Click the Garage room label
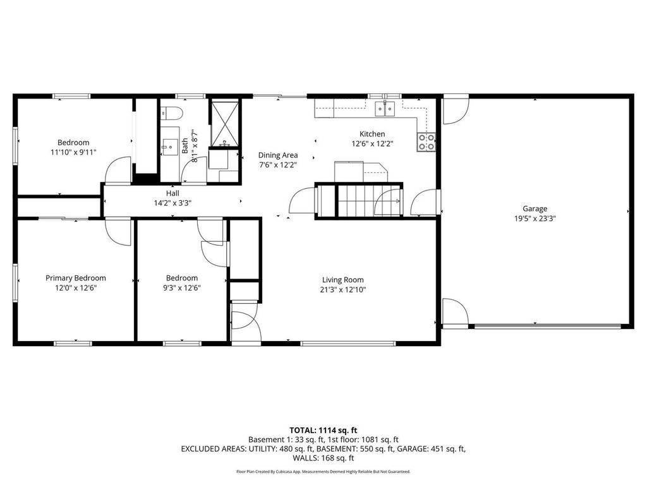pyautogui.click(x=535, y=208)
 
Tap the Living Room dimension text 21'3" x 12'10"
pyautogui.click(x=343, y=290)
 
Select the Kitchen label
pyautogui.click(x=372, y=134)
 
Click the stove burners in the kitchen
pyautogui.click(x=426, y=142)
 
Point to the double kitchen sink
pyautogui.click(x=385, y=109)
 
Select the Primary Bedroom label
pyautogui.click(x=75, y=278)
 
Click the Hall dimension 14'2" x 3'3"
pyautogui.click(x=172, y=203)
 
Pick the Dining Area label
pyautogui.click(x=277, y=155)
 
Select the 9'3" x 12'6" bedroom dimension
pyautogui.click(x=182, y=287)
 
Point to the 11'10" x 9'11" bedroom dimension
pyautogui.click(x=73, y=152)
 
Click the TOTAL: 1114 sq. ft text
pyautogui.click(x=323, y=429)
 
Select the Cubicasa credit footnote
pyautogui.click(x=323, y=472)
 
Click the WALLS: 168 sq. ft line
pyautogui.click(x=323, y=458)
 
